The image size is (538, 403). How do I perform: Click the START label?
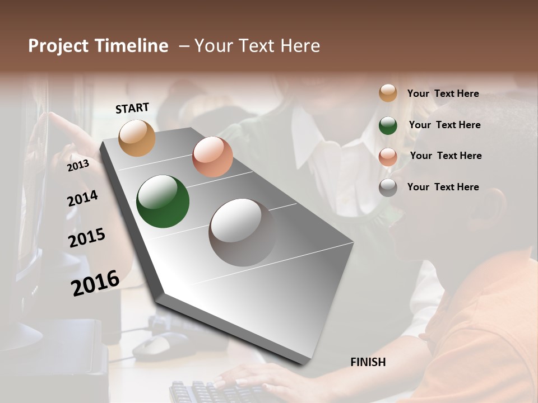point(132,108)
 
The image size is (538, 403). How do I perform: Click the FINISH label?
point(368,362)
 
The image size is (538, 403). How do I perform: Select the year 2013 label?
point(78,165)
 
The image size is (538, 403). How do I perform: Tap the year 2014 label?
point(82,198)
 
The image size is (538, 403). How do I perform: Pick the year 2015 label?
point(87,238)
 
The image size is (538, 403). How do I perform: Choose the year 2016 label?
point(95,283)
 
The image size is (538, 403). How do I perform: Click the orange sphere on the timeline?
point(137,138)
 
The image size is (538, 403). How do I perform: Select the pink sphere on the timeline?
point(212,157)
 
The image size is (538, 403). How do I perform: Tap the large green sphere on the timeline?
point(163,201)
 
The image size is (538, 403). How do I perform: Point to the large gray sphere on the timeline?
point(242,232)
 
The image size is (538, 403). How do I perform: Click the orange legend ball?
point(388,93)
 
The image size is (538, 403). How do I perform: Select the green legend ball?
point(388,125)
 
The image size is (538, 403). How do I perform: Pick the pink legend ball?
point(388,156)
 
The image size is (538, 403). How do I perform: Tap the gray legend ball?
point(388,188)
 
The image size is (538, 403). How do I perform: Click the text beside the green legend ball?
point(444,125)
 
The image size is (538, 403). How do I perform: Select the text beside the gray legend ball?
point(443,187)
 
